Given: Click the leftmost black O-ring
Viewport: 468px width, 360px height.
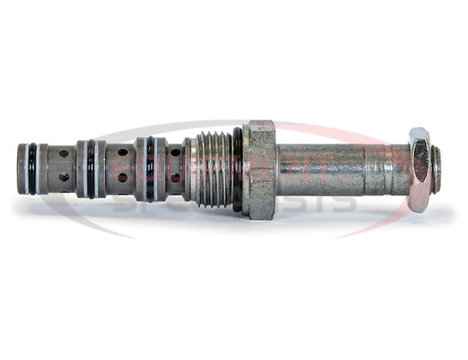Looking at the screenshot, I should pyautogui.click(x=32, y=168).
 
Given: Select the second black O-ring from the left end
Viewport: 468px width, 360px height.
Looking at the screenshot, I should pyautogui.click(x=90, y=168).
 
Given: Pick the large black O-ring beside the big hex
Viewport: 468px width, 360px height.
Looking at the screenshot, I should pyautogui.click(x=238, y=169).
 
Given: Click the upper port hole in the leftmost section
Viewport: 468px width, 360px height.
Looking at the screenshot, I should pyautogui.click(x=63, y=154).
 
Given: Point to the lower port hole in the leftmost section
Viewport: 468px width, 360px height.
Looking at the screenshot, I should pyautogui.click(x=63, y=177).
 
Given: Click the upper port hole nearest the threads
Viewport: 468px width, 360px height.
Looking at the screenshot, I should pyautogui.click(x=174, y=154).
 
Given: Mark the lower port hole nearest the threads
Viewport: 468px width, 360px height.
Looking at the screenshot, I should pyautogui.click(x=174, y=178).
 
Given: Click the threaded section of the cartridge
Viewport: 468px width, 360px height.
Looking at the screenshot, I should pyautogui.click(x=210, y=169).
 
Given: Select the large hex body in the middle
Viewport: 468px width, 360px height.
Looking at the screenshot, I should pyautogui.click(x=260, y=169).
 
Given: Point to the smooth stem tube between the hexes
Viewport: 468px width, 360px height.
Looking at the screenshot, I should pyautogui.click(x=329, y=169).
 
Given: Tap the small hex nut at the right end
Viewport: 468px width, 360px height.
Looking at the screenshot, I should pyautogui.click(x=419, y=169).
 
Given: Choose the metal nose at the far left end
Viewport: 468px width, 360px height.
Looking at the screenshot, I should pyautogui.click(x=22, y=168).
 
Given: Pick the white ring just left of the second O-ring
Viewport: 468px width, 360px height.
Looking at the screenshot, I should pyautogui.click(x=81, y=168).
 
